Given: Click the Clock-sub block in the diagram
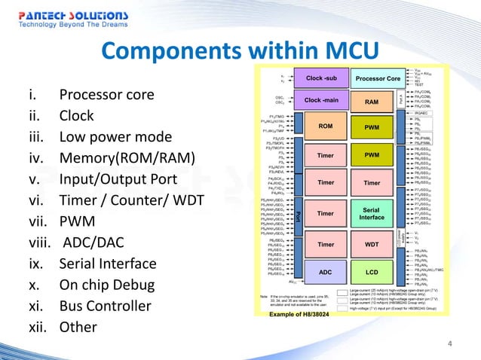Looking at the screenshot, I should pos(326,78).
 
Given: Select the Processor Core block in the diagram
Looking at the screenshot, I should pos(378,78).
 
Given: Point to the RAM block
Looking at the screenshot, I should pos(372,102).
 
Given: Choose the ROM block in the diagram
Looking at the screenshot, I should pos(326,127).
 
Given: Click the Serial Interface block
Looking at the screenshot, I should pos(372,213).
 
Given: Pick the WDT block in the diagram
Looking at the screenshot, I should pos(372,245).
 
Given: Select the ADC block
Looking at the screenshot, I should pos(326,272).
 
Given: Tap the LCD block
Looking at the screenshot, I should pos(372,272).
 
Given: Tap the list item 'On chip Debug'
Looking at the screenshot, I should pos(108,285).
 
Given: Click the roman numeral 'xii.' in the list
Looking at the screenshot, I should pos(37,328).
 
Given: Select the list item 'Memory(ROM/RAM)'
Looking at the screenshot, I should pos(127,158).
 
